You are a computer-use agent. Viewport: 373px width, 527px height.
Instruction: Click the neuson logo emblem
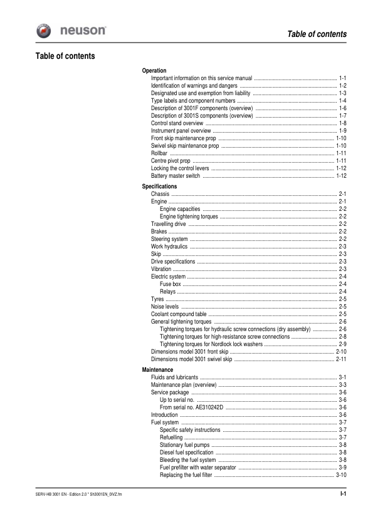pyautogui.click(x=45, y=31)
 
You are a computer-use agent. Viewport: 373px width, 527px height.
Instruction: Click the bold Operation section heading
pyautogui.click(x=154, y=71)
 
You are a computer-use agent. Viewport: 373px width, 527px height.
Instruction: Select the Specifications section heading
pyautogui.click(x=159, y=187)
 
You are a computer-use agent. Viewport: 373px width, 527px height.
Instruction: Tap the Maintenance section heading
pyautogui.click(x=157, y=370)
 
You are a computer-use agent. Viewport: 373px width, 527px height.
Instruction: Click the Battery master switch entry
pyautogui.click(x=176, y=176)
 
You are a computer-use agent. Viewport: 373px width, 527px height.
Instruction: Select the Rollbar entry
pyautogui.click(x=159, y=153)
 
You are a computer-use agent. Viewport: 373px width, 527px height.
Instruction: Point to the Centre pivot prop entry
pyautogui.click(x=171, y=161)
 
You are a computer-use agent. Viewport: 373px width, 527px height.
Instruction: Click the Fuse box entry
pyautogui.click(x=171, y=284)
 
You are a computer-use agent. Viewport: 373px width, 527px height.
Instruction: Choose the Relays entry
pyautogui.click(x=167, y=292)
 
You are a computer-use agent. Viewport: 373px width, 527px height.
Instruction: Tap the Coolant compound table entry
pyautogui.click(x=179, y=314)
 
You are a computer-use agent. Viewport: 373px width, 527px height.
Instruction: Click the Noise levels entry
pyautogui.click(x=165, y=307)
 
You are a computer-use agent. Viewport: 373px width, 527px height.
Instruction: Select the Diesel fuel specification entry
pyautogui.click(x=187, y=452)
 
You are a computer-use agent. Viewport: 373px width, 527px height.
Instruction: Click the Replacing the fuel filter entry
pyautogui.click(x=186, y=474)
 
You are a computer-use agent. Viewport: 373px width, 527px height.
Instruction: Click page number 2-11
pyautogui.click(x=341, y=359)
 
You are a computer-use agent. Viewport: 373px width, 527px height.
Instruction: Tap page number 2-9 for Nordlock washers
pyautogui.click(x=343, y=344)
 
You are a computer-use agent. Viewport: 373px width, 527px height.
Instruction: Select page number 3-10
pyautogui.click(x=341, y=474)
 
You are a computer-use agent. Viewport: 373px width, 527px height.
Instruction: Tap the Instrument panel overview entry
pyautogui.click(x=181, y=131)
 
